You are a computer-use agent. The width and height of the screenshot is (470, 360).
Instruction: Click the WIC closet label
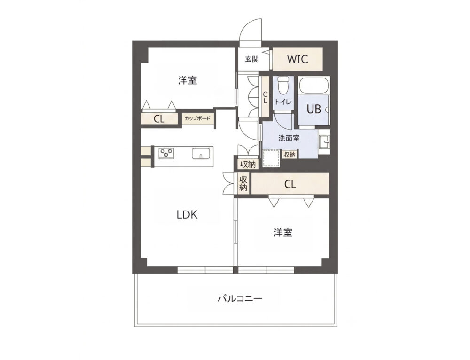pos(298,59)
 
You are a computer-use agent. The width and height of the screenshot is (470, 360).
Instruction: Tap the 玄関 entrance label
pos(252,59)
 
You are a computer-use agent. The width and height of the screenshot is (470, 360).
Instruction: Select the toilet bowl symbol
pos(282,86)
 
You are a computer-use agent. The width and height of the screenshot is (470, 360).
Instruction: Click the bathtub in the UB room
pos(314,86)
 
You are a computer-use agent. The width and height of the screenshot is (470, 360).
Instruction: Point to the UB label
pos(314,109)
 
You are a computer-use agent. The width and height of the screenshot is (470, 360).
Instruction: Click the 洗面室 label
pos(289,138)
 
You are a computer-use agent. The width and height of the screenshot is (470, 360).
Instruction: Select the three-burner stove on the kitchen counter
pos(166,153)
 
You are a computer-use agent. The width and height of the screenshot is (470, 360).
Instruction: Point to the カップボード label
pos(197,118)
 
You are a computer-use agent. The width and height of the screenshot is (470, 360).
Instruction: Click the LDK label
pos(187,215)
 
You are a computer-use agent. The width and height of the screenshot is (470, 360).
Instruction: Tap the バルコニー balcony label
pos(240,298)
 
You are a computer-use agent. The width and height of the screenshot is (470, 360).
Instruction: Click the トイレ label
pos(283,102)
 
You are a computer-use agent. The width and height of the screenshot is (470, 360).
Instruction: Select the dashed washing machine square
pos(271,158)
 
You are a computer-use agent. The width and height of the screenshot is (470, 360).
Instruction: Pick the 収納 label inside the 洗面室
pos(290,154)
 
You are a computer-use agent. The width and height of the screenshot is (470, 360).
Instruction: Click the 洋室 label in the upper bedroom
pos(188,80)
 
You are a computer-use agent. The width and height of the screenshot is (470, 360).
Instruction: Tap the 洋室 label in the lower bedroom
pos(283,233)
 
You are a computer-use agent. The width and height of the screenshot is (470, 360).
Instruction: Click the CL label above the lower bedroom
pos(290,184)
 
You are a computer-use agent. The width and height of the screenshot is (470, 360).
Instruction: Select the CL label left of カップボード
pos(159,119)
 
